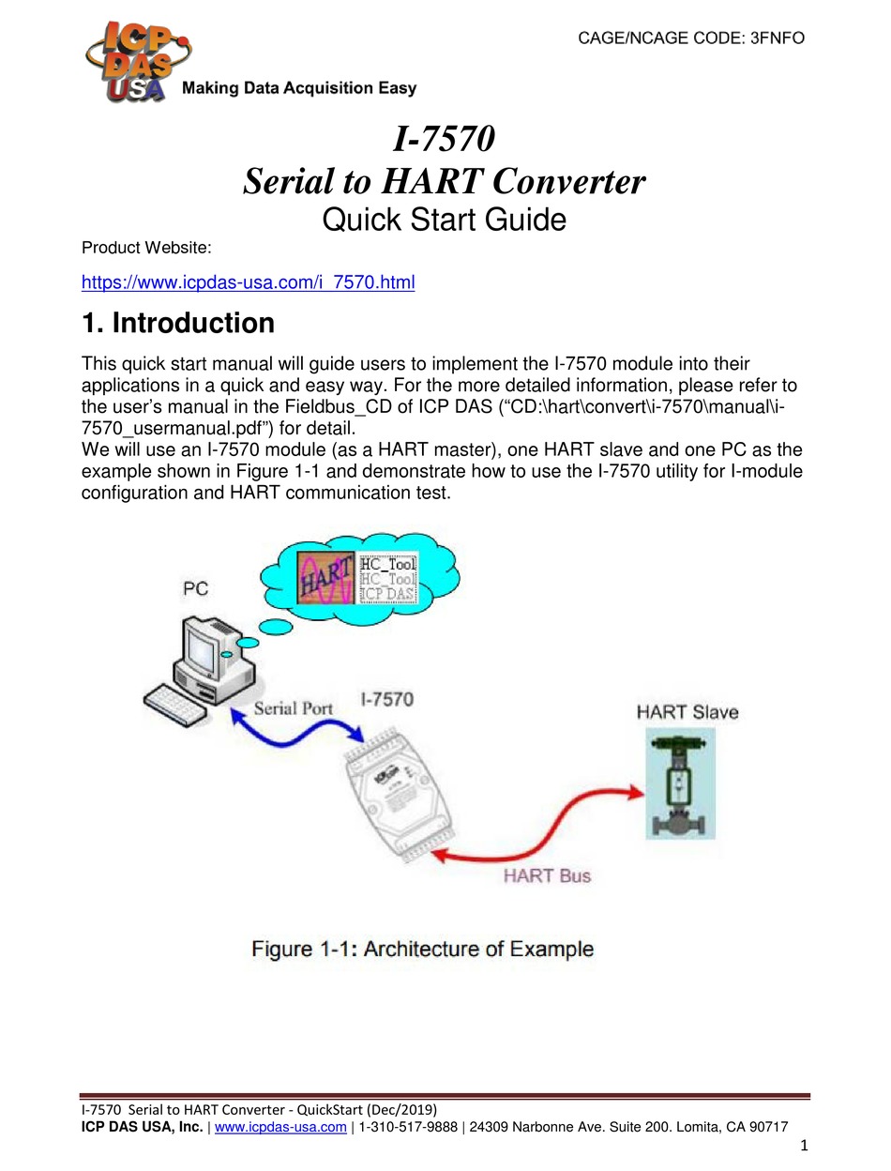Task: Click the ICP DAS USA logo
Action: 128,61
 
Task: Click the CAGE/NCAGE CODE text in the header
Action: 690,38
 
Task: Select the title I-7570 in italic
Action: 443,140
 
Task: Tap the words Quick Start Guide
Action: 444,220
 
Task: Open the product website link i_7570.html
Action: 248,281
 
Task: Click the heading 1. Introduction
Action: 178,324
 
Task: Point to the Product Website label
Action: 146,248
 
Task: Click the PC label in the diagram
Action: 196,589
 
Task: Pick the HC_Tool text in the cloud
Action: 388,565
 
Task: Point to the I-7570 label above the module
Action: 386,700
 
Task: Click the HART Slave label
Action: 687,712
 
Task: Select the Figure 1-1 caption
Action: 422,949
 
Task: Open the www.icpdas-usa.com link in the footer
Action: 280,1128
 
